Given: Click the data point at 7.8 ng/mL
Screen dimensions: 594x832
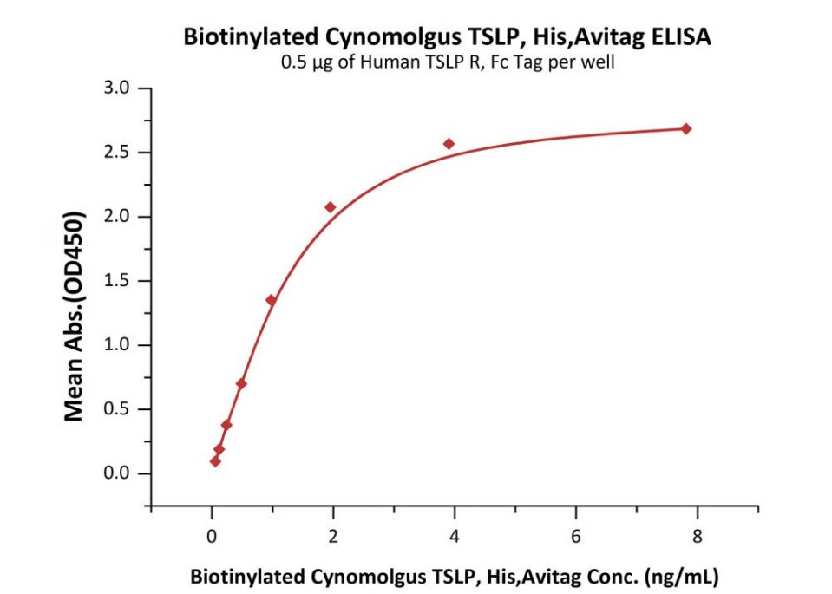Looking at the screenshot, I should click(685, 128).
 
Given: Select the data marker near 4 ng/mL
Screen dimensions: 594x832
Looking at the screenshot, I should click(449, 143).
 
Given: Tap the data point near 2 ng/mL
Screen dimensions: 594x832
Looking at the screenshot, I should click(330, 206).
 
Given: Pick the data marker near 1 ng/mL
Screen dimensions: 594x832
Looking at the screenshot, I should click(271, 300).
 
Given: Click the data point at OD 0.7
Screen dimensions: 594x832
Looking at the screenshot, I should click(241, 383).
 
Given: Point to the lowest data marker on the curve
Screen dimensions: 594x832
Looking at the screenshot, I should click(215, 461).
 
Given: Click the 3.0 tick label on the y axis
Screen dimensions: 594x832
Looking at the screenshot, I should click(116, 88).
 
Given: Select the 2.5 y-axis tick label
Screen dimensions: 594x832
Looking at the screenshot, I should click(116, 153).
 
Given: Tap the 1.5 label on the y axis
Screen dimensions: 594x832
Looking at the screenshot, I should click(116, 281).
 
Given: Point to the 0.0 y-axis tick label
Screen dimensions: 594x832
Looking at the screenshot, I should click(116, 473).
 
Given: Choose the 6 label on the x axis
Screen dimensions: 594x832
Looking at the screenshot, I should click(575, 536).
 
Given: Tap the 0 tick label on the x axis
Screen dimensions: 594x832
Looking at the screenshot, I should click(212, 536).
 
